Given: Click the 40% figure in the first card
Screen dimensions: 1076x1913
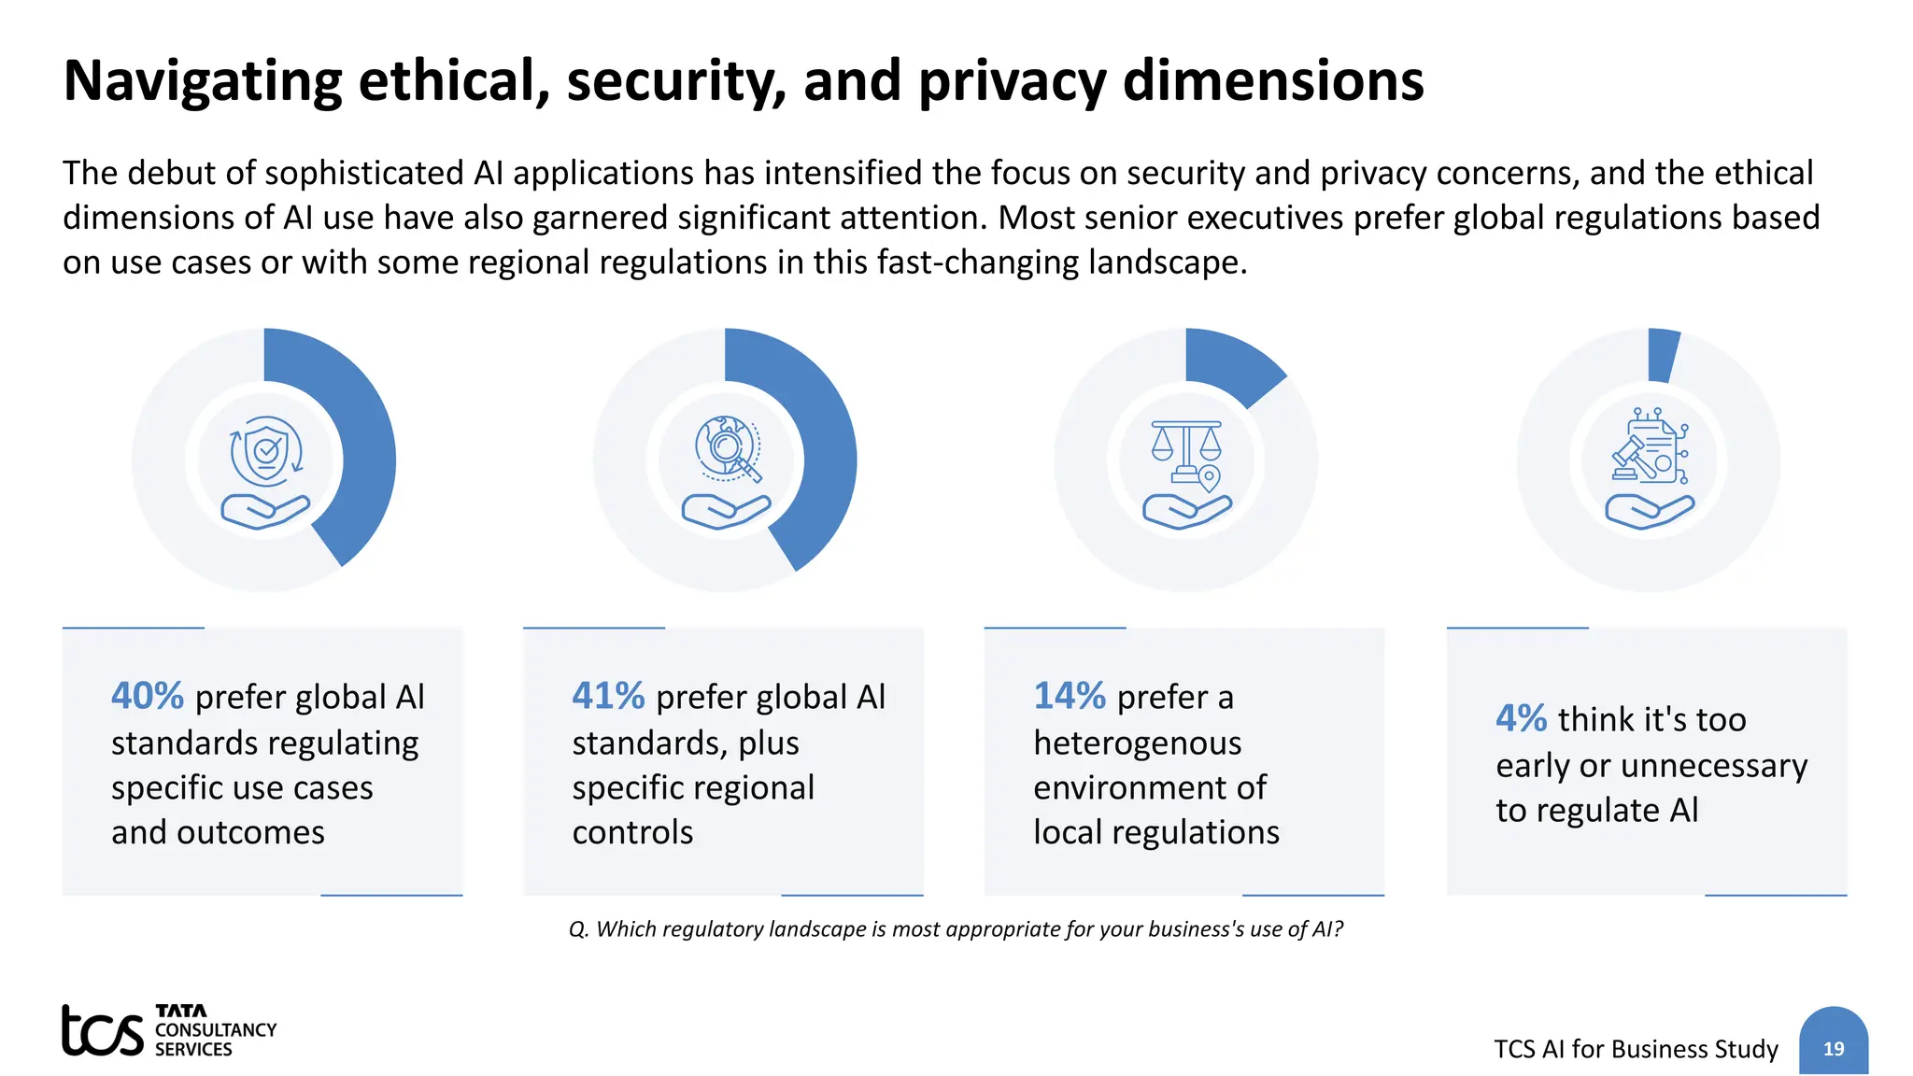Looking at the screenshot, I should pos(148,696).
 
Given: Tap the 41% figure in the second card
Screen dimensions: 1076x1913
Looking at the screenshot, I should pos(608,696).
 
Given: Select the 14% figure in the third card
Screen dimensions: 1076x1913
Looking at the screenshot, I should pos(1069,696).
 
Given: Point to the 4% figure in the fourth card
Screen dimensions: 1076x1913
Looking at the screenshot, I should pos(1521,718).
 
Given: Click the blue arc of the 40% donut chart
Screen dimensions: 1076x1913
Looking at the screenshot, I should pos(368,448).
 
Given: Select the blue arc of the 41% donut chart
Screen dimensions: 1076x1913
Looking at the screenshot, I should pos(829,448).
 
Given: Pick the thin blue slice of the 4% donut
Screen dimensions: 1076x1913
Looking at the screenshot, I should pos(1663,356).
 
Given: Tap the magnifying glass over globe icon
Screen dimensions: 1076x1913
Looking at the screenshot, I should pos(728,449).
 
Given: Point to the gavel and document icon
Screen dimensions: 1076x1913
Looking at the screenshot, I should pos(1649,446).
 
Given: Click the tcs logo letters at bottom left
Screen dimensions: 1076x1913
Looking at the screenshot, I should pos(103,1031).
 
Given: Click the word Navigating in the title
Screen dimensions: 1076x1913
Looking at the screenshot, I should pos(203,80).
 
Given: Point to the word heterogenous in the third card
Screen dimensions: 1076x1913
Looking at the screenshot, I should pos(1137,743).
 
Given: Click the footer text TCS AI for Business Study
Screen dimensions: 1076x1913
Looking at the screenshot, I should pos(1636,1049).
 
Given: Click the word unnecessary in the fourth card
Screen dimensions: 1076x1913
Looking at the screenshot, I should pos(1714,766).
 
